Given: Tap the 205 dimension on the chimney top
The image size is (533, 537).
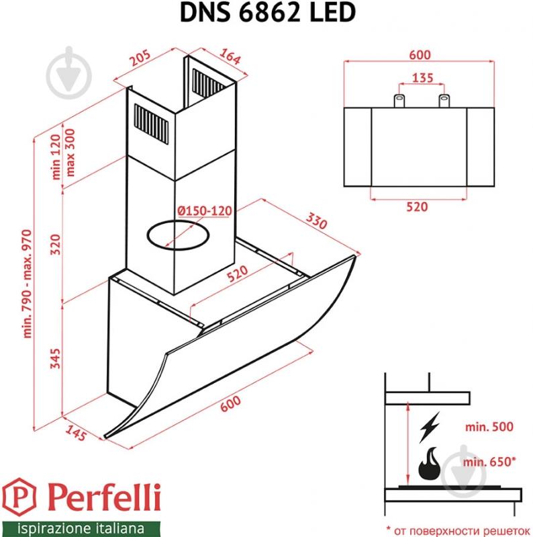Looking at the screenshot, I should pos(140,61).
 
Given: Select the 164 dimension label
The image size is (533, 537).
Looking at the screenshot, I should pos(230,58).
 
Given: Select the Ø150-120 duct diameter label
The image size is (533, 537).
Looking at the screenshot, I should pos(205,211).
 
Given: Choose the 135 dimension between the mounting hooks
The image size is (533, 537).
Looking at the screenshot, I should pos(422,77).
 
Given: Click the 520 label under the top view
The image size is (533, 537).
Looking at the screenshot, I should pos(418,207).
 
